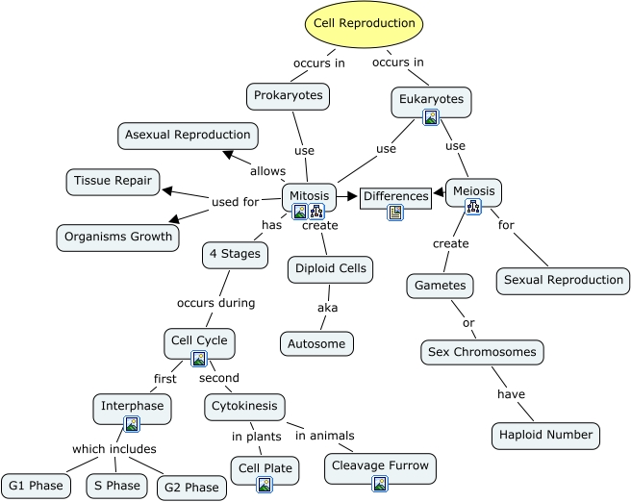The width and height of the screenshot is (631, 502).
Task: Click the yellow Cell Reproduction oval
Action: (365, 24)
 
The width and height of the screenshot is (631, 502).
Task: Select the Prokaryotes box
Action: (289, 95)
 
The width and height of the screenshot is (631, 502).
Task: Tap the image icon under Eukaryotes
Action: (431, 117)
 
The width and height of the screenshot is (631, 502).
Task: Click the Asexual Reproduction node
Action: (189, 136)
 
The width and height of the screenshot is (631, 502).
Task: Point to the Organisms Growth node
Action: (118, 237)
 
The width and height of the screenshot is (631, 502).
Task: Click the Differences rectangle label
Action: (395, 197)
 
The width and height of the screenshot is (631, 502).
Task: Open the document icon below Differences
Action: (395, 213)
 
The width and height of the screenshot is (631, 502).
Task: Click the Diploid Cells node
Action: (330, 269)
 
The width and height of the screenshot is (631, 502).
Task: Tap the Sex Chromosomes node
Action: (482, 353)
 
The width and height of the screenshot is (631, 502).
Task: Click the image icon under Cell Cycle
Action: (199, 359)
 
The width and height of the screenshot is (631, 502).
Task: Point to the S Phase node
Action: (116, 486)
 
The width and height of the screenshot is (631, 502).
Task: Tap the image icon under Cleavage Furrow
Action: (380, 484)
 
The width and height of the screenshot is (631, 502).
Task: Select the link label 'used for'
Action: (236, 202)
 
